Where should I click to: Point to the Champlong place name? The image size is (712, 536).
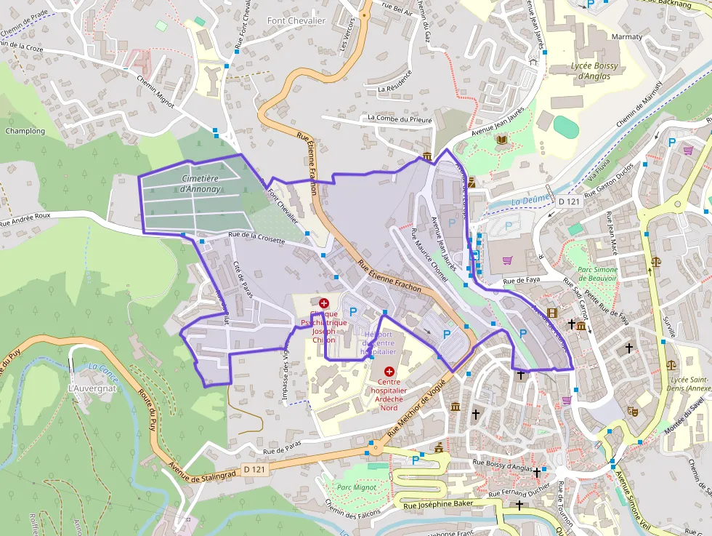[x=25, y=132]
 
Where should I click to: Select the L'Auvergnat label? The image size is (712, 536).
[x=92, y=388]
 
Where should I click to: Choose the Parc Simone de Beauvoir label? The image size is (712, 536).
[x=597, y=273]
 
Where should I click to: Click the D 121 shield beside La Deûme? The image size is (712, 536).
[x=570, y=201]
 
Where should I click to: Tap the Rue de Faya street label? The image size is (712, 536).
[x=524, y=280]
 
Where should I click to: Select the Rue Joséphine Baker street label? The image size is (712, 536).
[x=439, y=504]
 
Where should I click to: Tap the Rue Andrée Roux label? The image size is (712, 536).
[x=25, y=220]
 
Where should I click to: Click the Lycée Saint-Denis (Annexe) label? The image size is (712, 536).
[x=690, y=384]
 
